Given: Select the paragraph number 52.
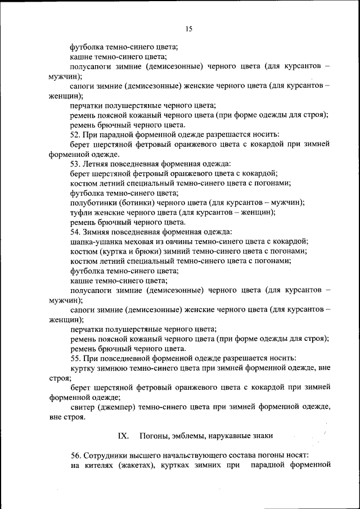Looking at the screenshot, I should click(75, 134).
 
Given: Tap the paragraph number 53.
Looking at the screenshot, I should click(75, 164).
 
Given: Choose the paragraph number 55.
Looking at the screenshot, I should click(75, 358).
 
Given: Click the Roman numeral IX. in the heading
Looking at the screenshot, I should click(123, 435).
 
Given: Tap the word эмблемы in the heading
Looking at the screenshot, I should click(196, 435).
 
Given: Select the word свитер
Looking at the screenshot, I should click(84, 407).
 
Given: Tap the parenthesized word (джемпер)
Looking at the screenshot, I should click(123, 407).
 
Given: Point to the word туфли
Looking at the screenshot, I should click(82, 212).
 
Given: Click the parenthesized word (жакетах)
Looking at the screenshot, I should click(138, 465).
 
